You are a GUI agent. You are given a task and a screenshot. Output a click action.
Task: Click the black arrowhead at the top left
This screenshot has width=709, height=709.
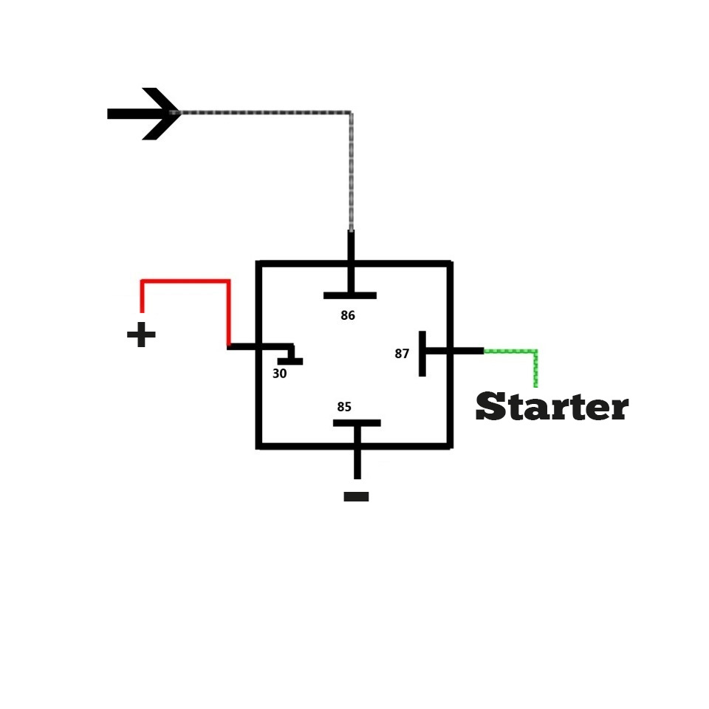tap(159, 114)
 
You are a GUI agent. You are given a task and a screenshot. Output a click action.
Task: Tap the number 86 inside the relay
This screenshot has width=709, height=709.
tap(348, 315)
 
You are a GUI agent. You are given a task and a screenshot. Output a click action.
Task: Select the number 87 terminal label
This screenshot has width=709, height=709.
tap(402, 354)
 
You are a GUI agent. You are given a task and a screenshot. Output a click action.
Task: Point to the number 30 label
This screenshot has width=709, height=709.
tap(279, 374)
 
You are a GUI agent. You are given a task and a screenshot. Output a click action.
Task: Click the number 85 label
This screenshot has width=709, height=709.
tap(344, 407)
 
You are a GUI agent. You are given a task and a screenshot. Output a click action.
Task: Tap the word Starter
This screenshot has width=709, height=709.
tap(552, 407)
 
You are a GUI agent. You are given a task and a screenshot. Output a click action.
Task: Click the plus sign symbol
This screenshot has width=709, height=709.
tap(141, 336)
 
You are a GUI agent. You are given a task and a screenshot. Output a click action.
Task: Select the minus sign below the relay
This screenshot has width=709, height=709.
tap(356, 497)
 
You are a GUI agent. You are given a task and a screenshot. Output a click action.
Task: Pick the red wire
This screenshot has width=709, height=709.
tap(185, 281)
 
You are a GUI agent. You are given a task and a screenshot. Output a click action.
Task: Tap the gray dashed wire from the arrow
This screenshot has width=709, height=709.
tap(266, 113)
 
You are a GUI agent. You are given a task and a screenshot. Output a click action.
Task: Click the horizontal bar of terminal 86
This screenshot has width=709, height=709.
tap(349, 295)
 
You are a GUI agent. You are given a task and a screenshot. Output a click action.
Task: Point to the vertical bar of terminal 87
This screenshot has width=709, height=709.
tap(422, 354)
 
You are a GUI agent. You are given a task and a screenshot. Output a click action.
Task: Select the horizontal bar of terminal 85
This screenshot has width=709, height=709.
tap(357, 423)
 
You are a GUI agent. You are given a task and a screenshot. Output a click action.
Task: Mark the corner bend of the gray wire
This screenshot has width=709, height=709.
tap(350, 114)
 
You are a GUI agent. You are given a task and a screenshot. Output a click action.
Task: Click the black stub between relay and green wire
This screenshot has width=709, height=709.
tap(467, 351)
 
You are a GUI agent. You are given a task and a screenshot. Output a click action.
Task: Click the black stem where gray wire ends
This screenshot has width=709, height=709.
tap(351, 246)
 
